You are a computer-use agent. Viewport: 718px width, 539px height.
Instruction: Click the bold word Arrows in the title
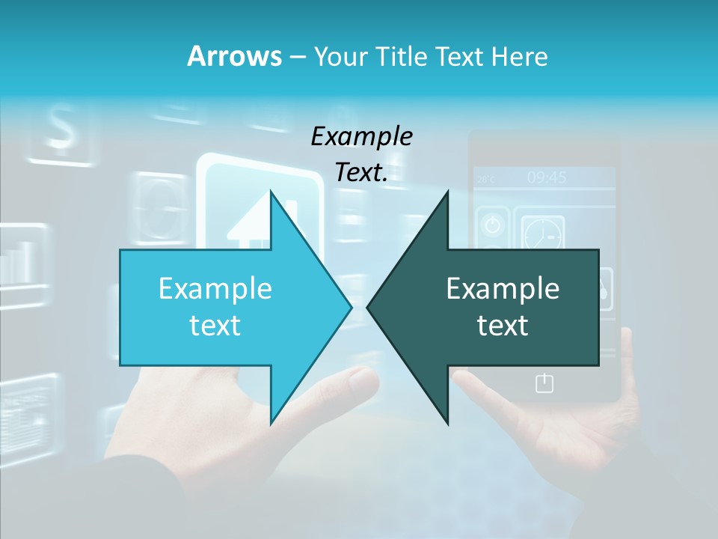pos(234,56)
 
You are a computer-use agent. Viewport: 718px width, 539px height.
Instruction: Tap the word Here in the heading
pos(519,56)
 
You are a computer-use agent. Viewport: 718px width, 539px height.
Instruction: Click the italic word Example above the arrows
pos(361,136)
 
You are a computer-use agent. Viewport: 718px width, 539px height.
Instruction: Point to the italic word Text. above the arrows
pos(361,172)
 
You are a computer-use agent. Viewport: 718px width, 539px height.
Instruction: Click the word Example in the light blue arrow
pos(215,288)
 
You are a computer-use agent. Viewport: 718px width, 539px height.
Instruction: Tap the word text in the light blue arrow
pos(215,325)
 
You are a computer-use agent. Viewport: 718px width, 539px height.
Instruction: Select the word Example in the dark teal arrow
pos(503,288)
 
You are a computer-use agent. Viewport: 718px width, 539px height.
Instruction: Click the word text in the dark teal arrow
pos(503,325)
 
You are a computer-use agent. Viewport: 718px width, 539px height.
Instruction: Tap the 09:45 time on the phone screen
pos(546,177)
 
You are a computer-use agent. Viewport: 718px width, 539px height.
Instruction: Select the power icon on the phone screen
pos(492,225)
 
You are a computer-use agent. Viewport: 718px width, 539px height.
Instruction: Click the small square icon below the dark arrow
pos(544,383)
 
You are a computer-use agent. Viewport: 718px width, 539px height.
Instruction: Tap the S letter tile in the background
pos(63,128)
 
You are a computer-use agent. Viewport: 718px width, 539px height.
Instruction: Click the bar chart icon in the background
pos(16,261)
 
